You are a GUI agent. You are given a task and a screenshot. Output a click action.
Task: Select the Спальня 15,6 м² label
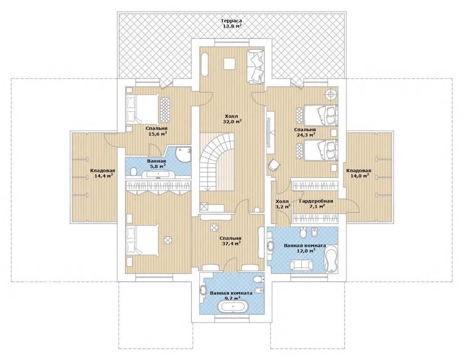coord(157,131)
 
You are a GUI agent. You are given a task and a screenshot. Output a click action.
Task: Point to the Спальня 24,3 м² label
coord(305,132)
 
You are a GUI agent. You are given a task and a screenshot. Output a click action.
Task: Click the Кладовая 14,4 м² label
coord(102,173)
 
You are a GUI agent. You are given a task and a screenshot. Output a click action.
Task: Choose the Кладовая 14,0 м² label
coord(358,173)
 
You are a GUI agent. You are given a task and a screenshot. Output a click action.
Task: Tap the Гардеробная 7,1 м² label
coord(316,204)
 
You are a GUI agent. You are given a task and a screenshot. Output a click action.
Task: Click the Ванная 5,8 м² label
coord(156,164)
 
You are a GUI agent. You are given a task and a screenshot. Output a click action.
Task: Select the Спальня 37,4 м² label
coord(230,241)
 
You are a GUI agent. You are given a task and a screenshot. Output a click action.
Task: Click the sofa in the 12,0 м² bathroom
coord(301,265)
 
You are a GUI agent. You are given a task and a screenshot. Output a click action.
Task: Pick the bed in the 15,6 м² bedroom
coord(143,109)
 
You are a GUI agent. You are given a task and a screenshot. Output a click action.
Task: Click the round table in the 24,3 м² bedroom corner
coord(331,94)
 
